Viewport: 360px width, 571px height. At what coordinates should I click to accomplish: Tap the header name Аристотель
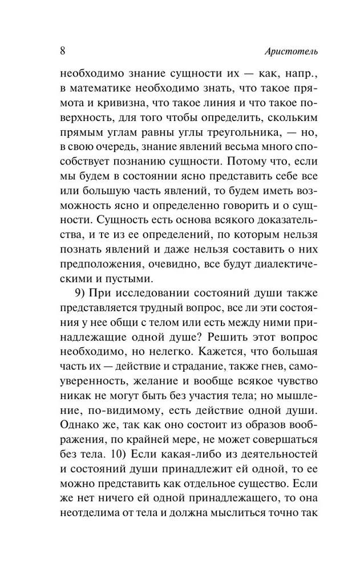tap(292, 51)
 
